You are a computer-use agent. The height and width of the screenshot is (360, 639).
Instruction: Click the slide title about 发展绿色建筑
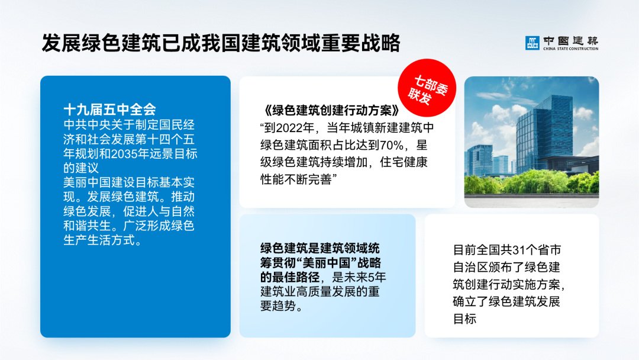(x=221, y=43)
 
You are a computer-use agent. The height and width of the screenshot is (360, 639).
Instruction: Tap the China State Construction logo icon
(x=532, y=43)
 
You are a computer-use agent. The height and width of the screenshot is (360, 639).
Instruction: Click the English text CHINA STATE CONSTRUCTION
(x=570, y=49)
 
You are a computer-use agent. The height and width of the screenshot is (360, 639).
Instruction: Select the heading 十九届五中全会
(x=109, y=110)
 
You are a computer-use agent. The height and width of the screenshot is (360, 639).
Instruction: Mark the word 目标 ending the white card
(x=464, y=319)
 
